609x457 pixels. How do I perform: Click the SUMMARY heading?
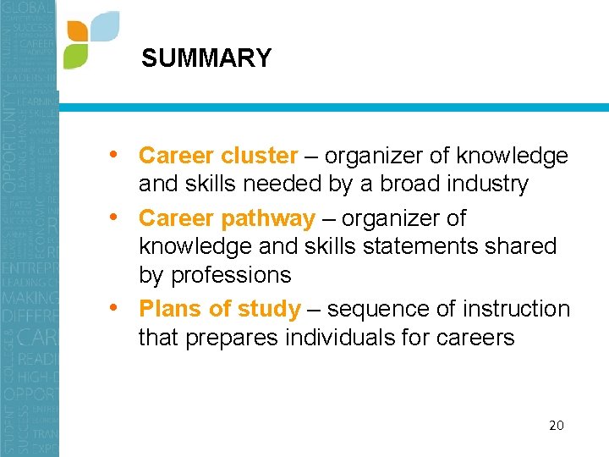pos(206,58)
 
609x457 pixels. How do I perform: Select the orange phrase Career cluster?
pos(218,156)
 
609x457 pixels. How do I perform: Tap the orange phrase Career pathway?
pos(227,218)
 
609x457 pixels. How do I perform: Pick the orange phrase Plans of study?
pos(219,309)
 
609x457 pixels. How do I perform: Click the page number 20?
pos(556,425)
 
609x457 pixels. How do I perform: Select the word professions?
pos(231,275)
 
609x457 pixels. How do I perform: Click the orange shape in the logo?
pos(77,30)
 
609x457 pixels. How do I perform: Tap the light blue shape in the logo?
pos(104,26)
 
